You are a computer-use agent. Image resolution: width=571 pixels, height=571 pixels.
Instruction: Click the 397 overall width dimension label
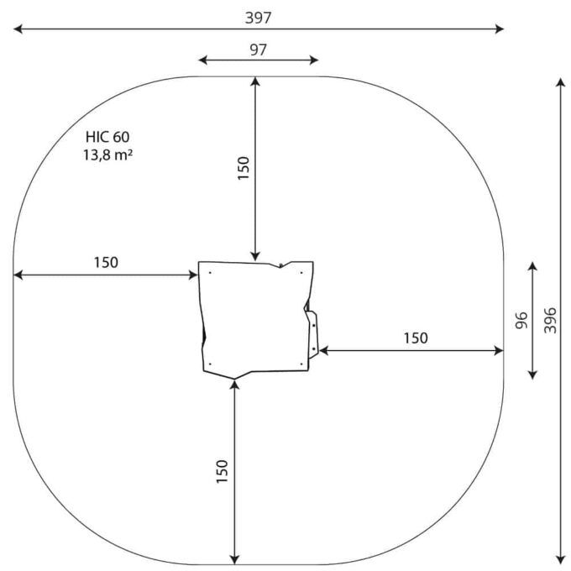coord(258,18)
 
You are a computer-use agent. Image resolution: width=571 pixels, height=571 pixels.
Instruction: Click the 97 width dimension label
coord(258,50)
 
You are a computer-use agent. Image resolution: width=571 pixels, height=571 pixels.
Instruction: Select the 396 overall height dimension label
coord(550,320)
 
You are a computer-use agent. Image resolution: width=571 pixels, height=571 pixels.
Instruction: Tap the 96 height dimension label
coord(521,320)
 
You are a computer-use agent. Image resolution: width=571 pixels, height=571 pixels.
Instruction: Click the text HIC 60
coord(107,137)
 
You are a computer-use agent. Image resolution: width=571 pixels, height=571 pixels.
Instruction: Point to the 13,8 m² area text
coord(107,155)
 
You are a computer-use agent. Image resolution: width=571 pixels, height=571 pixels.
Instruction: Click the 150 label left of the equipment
coord(106,262)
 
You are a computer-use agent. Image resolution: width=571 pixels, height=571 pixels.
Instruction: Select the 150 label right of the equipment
coord(416,338)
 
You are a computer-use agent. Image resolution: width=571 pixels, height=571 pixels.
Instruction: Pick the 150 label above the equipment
coord(244,168)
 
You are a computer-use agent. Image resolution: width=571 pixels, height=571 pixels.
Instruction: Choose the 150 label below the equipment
coord(222,472)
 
